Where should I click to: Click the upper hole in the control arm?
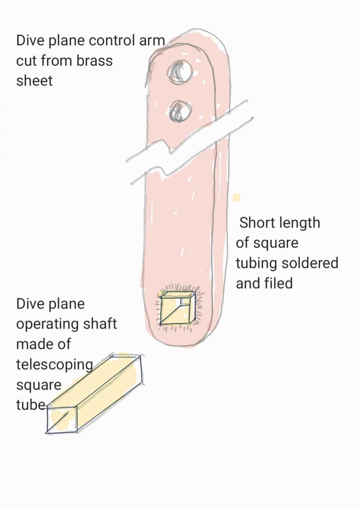coord(179,72)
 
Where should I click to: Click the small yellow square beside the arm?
coord(236,198)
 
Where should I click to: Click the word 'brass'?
coord(95,61)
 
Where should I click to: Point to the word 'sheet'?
coord(35,81)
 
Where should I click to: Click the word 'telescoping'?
coord(55,364)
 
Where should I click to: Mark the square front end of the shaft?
coord(62,419)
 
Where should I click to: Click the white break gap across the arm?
coord(188,141)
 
